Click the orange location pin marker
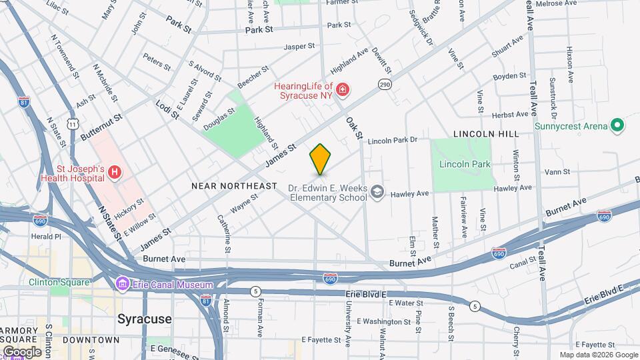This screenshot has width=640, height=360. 320,159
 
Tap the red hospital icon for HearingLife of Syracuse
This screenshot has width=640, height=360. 342,89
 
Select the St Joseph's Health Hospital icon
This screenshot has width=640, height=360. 115,173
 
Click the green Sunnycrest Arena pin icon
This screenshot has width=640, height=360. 617,125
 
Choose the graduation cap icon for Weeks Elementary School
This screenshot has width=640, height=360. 378,192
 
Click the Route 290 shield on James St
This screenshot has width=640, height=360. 385,85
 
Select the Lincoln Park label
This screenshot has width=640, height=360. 465,164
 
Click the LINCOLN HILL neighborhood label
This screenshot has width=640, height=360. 485,134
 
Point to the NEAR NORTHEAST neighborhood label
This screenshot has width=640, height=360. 233,185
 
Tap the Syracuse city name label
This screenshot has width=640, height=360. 144,319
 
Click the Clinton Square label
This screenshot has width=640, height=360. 59,282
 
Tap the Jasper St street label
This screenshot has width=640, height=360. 299,47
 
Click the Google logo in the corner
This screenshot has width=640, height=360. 22,351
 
